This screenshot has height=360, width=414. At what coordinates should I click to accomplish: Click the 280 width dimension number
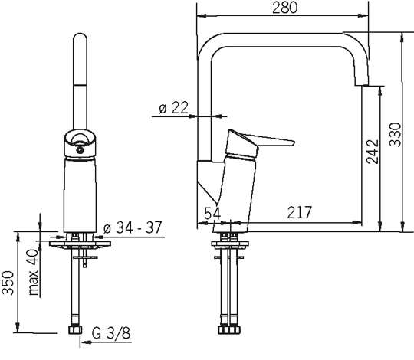coord(284,8)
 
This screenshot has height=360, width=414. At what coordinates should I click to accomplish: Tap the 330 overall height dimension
coord(396,135)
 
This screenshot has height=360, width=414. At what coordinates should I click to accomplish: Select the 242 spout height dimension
coord(373,152)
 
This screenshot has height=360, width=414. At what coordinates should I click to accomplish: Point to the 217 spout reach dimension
coord(300,212)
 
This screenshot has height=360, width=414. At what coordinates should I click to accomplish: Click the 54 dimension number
coord(212,213)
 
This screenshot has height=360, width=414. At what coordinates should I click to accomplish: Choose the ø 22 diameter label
coord(174,107)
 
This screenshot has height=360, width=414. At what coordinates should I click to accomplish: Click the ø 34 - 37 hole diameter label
coord(133,227)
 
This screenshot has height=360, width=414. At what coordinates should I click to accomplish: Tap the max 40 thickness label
coord(34,272)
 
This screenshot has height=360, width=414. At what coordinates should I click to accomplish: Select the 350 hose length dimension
coord(8,283)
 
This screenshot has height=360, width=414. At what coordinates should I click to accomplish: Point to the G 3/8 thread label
coord(111,333)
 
